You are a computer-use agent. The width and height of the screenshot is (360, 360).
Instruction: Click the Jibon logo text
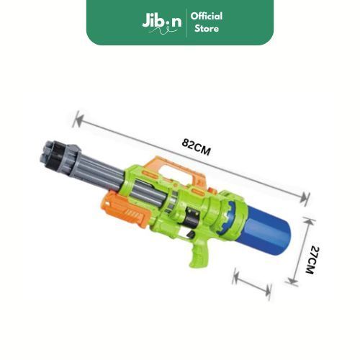[x=162, y=21]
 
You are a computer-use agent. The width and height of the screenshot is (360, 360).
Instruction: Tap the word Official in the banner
[x=207, y=17]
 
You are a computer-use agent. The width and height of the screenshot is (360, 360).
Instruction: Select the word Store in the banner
[x=207, y=29]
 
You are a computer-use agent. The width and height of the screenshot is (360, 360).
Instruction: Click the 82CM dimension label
[x=196, y=147]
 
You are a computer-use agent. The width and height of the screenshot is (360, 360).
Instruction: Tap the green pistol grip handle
[x=199, y=253]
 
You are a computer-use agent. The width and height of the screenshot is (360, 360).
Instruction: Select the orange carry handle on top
[x=176, y=171]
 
